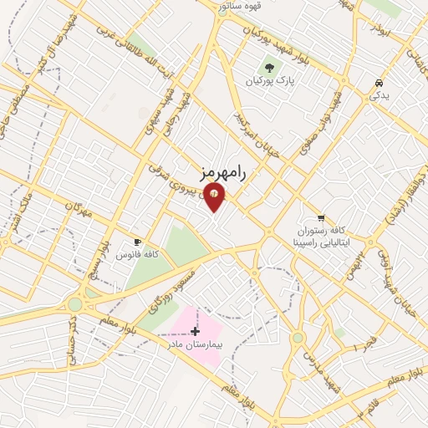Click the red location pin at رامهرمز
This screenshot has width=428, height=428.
(x=216, y=196)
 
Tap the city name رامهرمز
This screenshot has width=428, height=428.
(x=226, y=172)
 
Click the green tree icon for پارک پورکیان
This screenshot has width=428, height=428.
(x=269, y=66)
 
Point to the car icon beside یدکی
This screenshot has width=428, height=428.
(x=380, y=84)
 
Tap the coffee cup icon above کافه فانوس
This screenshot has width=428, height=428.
(x=137, y=241)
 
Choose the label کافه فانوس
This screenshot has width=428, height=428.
(x=137, y=254)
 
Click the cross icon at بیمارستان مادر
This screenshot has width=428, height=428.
(x=195, y=331)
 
